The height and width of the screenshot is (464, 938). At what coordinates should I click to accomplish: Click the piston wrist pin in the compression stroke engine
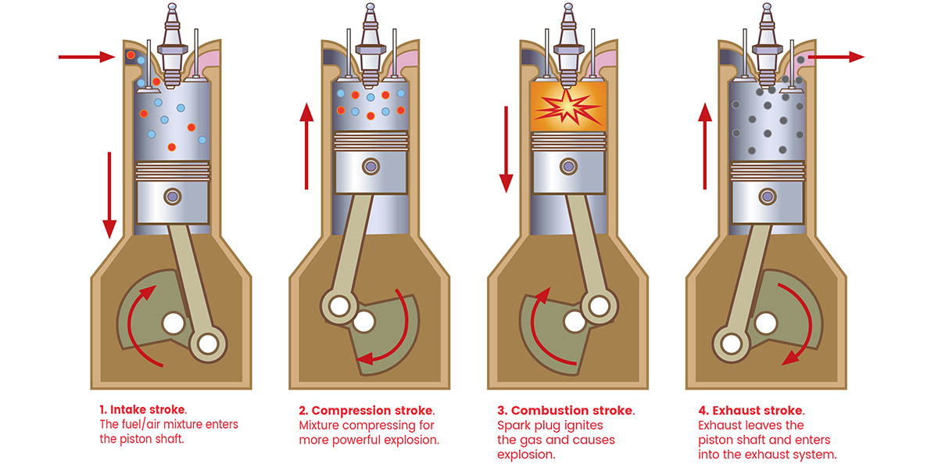[x=370, y=166]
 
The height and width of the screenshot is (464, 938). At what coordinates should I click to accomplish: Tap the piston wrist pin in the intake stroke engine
[x=171, y=195]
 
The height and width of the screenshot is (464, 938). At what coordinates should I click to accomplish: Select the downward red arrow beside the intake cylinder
[x=109, y=196]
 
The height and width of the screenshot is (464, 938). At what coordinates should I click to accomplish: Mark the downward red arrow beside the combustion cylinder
[x=506, y=149]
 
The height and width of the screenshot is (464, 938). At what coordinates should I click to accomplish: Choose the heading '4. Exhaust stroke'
[x=750, y=410]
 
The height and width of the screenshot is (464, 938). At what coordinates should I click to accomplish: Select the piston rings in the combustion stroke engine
[x=568, y=142]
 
